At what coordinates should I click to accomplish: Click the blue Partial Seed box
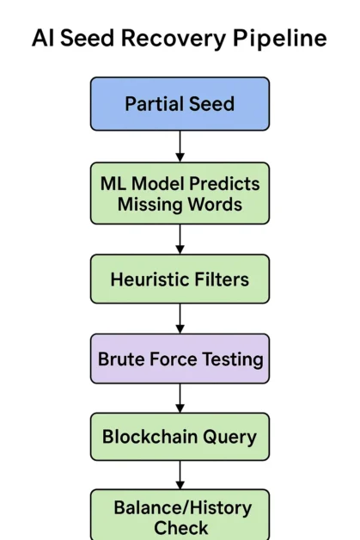click(180, 104)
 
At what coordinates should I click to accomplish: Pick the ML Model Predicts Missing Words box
click(180, 193)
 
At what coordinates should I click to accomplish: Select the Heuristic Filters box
click(180, 279)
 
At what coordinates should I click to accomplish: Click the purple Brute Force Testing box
click(180, 359)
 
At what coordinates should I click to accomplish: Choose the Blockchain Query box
click(180, 436)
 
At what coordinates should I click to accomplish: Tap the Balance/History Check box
click(180, 514)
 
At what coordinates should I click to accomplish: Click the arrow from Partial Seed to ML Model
click(180, 146)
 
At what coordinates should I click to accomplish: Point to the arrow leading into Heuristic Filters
click(180, 240)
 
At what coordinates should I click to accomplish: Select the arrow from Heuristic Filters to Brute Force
click(180, 318)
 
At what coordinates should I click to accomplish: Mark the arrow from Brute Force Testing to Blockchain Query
click(180, 397)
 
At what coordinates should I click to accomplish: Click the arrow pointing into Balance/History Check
click(180, 475)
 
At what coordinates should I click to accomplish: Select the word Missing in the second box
click(148, 205)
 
